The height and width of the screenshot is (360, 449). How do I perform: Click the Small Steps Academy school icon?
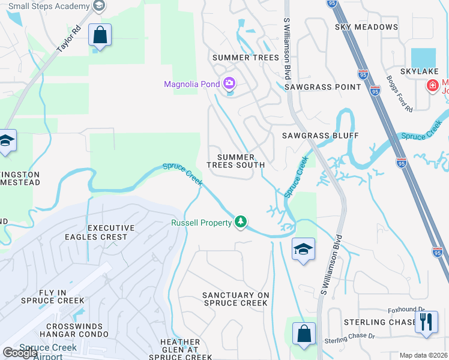coord(100,6)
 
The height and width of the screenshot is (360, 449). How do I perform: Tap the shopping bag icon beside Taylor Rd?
coord(100,35)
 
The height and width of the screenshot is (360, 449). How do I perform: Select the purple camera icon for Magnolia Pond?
coord(229,83)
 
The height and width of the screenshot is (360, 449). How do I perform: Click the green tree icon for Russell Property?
coord(241,222)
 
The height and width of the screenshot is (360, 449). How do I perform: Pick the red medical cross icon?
coord(432,86)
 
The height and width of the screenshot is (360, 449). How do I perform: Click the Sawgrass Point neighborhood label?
coord(323,87)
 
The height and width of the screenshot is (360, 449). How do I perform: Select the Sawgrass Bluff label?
coord(320,136)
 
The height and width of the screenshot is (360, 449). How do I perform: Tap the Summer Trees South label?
coord(236,161)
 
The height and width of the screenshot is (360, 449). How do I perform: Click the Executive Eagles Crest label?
coord(107,232)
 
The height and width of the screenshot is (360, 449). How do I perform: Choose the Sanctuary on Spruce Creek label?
coord(235,299)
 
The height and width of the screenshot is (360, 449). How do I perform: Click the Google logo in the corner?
coord(20,353)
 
